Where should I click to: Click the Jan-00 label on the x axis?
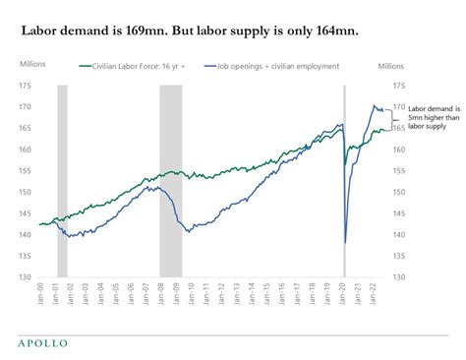click(x=41, y=295)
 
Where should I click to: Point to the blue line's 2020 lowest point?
click(x=345, y=242)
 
